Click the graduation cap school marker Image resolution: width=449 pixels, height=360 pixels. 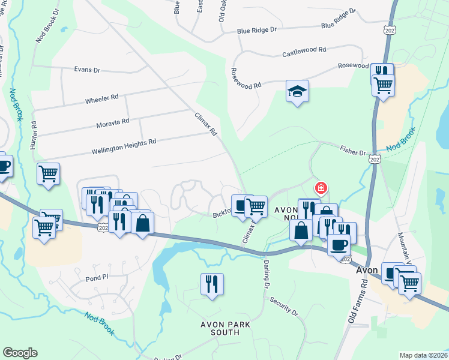(x=297, y=92)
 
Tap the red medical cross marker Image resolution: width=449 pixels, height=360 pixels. (x=321, y=188)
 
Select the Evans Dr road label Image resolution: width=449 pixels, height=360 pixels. (x=87, y=70)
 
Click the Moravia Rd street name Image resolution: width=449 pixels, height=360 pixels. (x=113, y=122)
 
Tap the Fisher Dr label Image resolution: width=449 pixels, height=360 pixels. (x=353, y=152)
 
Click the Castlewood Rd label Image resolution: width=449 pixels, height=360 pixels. (x=304, y=53)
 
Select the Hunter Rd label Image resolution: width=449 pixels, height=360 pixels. (x=34, y=136)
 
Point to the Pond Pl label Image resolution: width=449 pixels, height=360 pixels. (x=96, y=278)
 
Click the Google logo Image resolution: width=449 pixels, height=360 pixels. (x=20, y=353)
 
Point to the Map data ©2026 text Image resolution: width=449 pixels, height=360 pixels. (x=423, y=355)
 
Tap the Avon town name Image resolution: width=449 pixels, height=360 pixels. (x=366, y=270)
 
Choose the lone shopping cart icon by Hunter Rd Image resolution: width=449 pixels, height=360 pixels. (x=49, y=174)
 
